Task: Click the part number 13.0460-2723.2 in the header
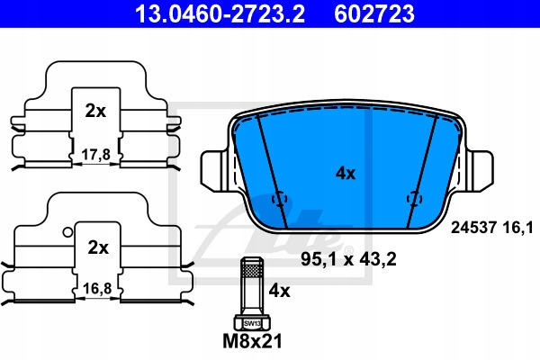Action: click(x=220, y=13)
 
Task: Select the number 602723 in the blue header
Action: click(x=374, y=13)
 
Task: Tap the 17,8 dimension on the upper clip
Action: click(x=96, y=155)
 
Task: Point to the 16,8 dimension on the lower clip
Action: click(x=97, y=288)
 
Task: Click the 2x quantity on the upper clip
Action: click(x=95, y=111)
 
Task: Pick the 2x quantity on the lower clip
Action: click(x=98, y=247)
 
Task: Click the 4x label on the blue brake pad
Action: click(x=346, y=174)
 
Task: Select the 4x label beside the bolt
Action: click(x=279, y=291)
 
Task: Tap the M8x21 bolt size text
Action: click(x=252, y=341)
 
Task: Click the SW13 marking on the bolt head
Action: click(x=252, y=323)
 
